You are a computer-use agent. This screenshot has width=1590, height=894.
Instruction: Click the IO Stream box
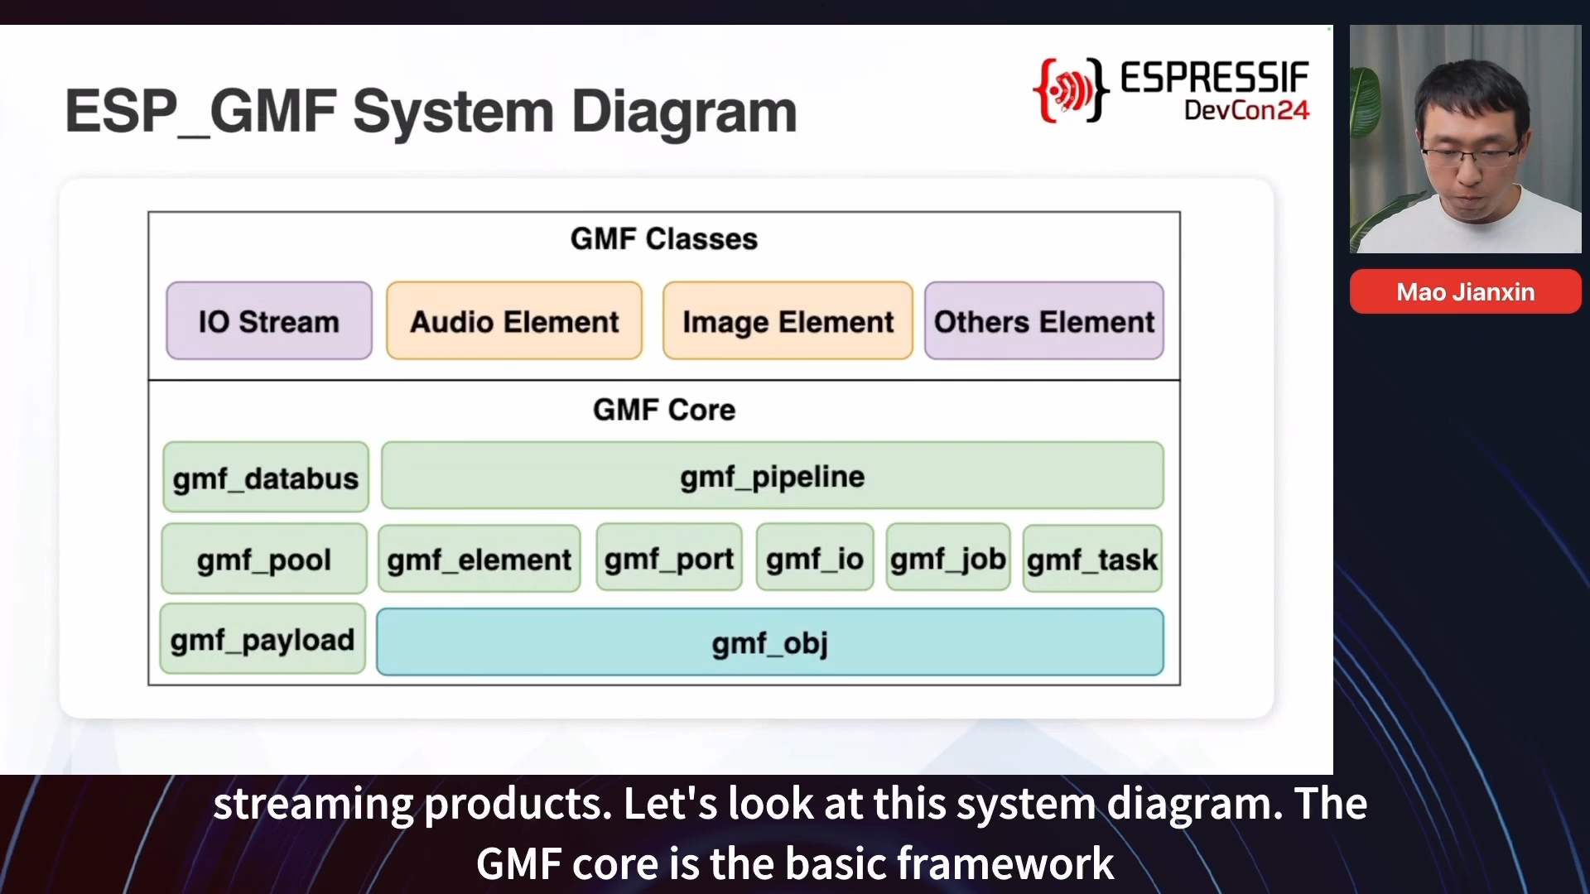click(269, 320)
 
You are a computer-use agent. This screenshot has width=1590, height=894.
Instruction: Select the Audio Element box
click(514, 320)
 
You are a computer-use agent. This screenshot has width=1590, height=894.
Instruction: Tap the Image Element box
click(788, 320)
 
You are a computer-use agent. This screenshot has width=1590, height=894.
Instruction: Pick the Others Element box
click(1044, 320)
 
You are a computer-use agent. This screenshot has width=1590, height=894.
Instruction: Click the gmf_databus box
click(266, 477)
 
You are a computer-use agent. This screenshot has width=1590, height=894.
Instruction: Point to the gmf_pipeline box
click(772, 475)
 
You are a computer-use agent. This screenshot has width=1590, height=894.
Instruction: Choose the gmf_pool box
click(264, 559)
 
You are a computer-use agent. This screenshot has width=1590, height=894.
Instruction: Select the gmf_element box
click(479, 559)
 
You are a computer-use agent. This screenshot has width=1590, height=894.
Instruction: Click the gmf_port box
click(669, 557)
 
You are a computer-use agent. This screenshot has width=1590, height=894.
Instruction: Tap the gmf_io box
click(815, 557)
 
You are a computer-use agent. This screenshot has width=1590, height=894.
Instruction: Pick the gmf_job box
click(948, 557)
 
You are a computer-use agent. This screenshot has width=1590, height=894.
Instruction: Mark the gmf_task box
click(1092, 559)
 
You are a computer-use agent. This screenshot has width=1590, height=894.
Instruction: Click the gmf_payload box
click(263, 638)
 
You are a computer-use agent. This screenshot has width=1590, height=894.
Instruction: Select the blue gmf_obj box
click(770, 642)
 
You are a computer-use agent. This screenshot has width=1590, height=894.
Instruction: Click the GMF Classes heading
click(664, 238)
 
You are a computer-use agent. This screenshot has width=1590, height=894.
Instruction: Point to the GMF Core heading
click(664, 409)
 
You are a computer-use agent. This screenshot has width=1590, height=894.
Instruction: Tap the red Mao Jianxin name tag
click(1466, 291)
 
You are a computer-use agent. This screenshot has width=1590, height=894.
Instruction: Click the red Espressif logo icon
click(1069, 89)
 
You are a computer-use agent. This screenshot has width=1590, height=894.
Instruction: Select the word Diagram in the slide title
click(684, 113)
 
